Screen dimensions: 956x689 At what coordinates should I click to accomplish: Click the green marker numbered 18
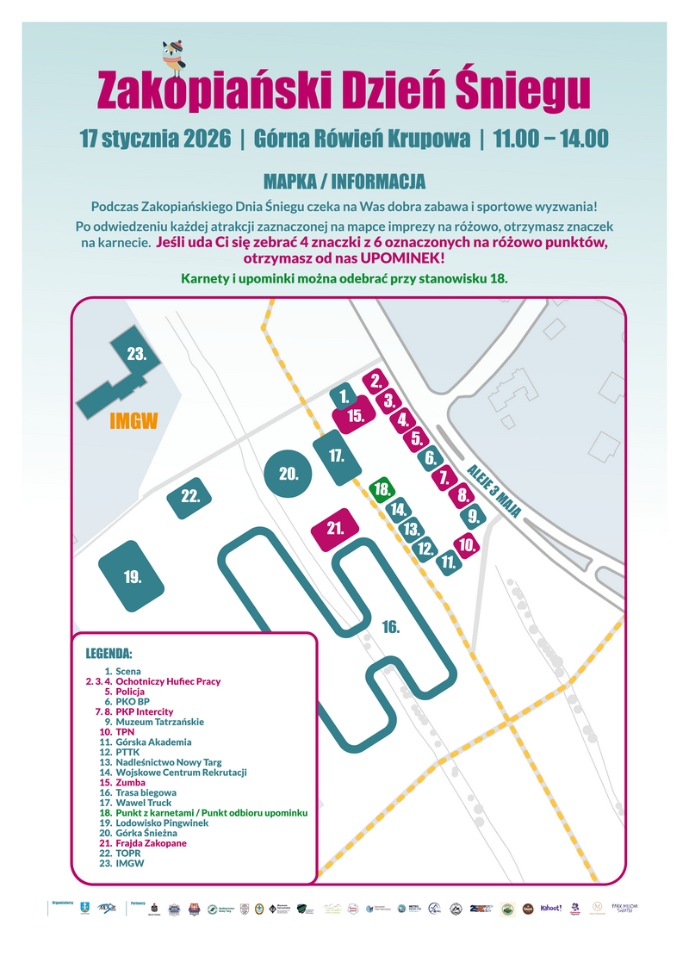click(382, 489)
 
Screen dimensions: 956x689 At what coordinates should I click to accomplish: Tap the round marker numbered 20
click(288, 473)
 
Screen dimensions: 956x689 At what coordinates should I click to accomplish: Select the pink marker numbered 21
click(336, 528)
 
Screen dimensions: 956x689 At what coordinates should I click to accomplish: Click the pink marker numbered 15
click(356, 415)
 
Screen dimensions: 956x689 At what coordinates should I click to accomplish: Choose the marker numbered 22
click(190, 496)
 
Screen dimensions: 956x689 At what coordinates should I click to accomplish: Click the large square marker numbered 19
click(132, 576)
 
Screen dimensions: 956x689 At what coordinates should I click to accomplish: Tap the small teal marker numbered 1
click(344, 396)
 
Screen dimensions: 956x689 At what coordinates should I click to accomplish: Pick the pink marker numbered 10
click(466, 544)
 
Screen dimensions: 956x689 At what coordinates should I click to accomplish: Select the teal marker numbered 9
click(473, 517)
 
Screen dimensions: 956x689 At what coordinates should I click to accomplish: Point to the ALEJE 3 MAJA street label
click(494, 490)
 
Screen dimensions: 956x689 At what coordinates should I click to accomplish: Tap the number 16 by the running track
click(391, 628)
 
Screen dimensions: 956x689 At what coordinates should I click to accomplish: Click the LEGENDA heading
click(109, 652)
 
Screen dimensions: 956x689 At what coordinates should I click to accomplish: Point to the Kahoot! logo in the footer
click(551, 908)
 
